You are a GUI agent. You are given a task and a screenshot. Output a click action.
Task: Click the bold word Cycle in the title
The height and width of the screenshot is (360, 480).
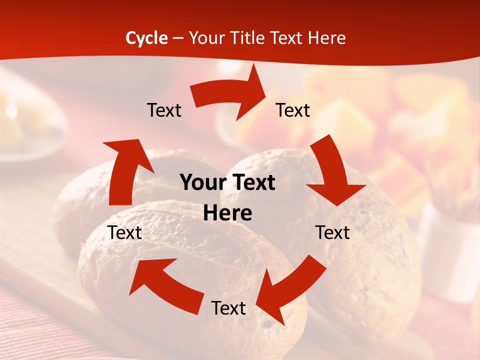click(146, 38)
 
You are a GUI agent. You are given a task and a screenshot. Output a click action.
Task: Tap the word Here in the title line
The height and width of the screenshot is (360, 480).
click(326, 38)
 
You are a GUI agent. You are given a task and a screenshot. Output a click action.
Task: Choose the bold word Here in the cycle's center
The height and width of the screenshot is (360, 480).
click(227, 213)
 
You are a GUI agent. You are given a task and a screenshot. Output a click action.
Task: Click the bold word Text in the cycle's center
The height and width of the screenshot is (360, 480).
click(254, 183)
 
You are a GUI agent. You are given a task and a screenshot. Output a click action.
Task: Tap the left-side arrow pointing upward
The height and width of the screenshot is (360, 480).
click(125, 170)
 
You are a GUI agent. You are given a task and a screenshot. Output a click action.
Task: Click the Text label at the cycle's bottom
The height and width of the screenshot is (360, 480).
click(228, 308)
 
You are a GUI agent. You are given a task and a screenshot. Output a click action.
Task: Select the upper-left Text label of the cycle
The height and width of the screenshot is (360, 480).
click(164, 110)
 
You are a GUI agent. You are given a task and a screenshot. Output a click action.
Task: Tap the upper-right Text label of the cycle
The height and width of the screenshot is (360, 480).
click(293, 110)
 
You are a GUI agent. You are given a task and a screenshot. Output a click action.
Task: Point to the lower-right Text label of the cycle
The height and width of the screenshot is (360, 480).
click(332, 232)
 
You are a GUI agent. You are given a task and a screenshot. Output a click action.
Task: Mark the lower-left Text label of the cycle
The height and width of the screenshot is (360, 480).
click(125, 232)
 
